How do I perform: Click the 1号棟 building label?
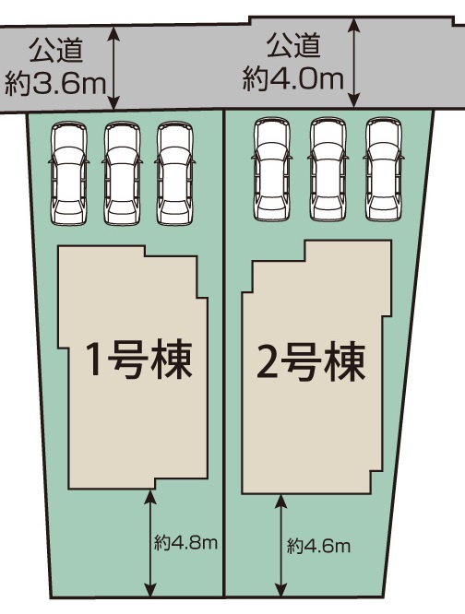140,360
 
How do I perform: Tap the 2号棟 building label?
311,361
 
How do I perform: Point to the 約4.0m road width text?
293,79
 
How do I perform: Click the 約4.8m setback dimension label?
185,543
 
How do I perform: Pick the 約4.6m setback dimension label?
318,546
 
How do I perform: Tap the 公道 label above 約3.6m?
56,50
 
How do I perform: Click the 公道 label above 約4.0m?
293,45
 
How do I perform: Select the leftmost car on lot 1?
69,173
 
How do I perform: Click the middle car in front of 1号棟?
122,173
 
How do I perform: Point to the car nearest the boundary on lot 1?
174,173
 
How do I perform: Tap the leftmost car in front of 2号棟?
272,169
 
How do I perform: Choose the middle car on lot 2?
328,169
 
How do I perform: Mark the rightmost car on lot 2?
384,169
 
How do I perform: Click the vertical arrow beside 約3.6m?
113,68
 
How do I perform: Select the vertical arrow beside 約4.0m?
354,63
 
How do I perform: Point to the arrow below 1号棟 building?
150,543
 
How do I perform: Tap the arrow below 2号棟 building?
280,545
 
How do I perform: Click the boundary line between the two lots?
224,353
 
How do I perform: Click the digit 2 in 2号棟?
268,363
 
